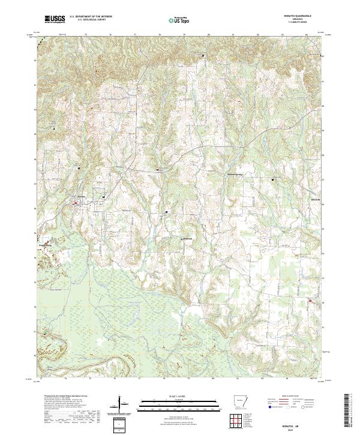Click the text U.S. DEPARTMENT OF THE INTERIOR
click(91, 17)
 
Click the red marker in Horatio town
click(76, 203)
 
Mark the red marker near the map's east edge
click(310, 301)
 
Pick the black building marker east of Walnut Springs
click(275, 179)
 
